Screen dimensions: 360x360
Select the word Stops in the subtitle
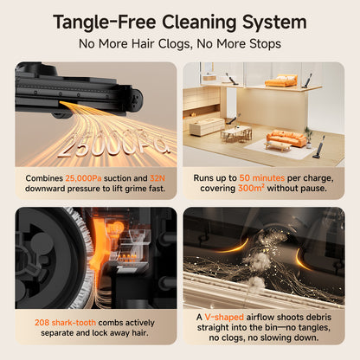(265, 44)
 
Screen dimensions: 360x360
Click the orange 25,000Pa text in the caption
(83, 178)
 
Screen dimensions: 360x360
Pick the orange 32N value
(157, 178)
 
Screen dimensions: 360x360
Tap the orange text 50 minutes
(262, 178)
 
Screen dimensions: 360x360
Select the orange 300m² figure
(251, 189)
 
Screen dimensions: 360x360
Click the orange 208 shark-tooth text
(65, 323)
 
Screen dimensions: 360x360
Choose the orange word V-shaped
(224, 318)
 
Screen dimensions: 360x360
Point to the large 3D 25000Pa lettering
(115, 144)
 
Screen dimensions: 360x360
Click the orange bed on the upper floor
(280, 80)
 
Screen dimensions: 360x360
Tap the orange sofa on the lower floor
(286, 138)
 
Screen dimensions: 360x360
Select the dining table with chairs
(236, 133)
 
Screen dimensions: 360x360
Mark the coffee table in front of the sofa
(278, 146)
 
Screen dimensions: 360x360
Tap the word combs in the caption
(112, 323)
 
